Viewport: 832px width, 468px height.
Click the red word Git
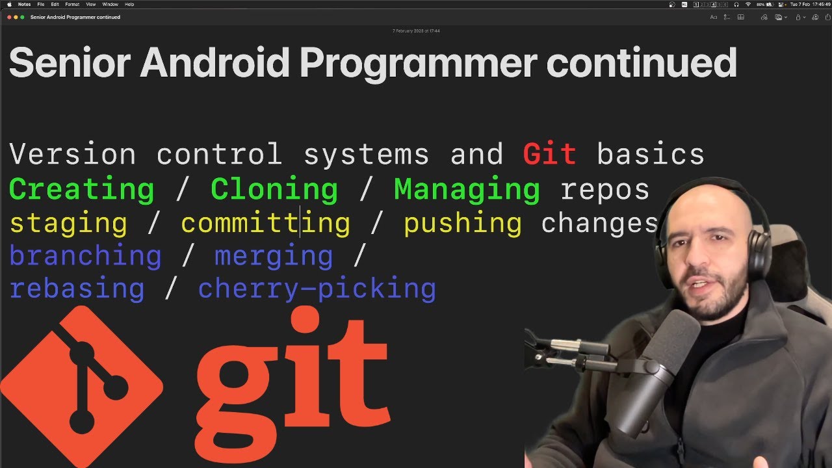coord(549,155)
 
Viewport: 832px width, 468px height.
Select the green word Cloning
coord(274,189)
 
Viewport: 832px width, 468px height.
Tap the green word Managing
coord(467,189)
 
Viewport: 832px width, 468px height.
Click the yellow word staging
coord(68,223)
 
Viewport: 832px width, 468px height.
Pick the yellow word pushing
coord(462,223)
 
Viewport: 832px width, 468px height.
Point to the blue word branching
coord(85,256)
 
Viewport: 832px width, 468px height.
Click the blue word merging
coord(274,256)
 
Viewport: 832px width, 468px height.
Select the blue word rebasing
coord(77,289)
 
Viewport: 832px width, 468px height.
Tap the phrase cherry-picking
coord(317,289)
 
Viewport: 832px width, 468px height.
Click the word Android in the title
coord(214,63)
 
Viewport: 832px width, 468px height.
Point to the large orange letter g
coord(239,390)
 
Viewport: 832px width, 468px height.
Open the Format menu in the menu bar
coord(72,5)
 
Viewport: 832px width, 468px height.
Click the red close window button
coord(9,17)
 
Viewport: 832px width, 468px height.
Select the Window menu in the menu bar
coord(110,5)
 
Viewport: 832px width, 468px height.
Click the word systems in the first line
coord(366,155)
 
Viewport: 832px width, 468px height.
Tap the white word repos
coord(604,189)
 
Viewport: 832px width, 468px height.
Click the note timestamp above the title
coord(416,31)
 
